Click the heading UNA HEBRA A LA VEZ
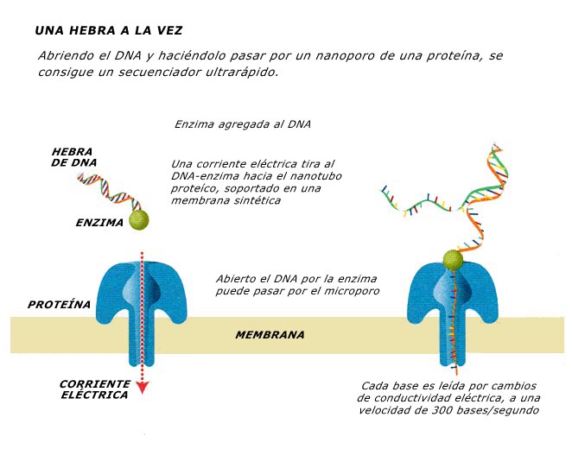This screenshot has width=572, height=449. click(x=108, y=30)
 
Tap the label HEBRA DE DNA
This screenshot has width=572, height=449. click(x=73, y=157)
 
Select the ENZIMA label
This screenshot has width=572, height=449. click(x=99, y=222)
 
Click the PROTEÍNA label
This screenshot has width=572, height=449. click(x=59, y=304)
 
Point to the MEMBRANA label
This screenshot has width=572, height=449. click(x=270, y=334)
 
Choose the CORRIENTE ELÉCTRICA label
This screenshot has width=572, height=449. click(x=94, y=389)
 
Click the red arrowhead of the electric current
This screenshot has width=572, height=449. click(x=142, y=388)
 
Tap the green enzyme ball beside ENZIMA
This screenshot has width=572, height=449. click(x=139, y=220)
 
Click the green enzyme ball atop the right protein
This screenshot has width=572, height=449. click(x=453, y=260)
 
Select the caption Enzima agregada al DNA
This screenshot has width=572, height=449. click(x=243, y=124)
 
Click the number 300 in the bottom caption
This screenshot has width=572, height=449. click(x=442, y=410)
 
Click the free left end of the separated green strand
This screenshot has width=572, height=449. click(x=384, y=189)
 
